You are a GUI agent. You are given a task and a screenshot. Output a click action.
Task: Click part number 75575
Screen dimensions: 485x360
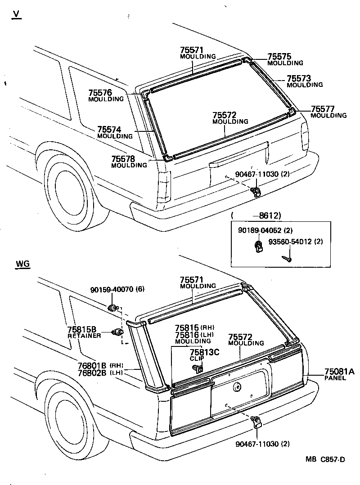pos(279,57)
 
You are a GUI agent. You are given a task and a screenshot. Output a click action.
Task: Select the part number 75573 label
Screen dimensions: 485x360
pos(299,78)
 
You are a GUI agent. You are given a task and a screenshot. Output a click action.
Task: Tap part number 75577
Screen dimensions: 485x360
pos(323,109)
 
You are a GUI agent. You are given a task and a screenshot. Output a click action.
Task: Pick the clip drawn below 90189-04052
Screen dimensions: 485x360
pos(258,247)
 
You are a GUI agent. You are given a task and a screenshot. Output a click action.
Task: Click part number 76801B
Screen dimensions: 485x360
pos(91,365)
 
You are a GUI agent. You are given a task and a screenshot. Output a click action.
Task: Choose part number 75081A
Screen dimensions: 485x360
pos(339,372)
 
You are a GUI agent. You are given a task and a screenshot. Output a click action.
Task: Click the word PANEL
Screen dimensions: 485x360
pos(335,378)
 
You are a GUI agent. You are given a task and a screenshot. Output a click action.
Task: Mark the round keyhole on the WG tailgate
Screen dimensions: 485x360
pos(236,386)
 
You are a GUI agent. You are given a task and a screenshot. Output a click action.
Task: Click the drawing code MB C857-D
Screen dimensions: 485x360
pos(325,459)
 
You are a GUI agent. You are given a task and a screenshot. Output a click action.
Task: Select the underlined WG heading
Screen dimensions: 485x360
pos(22,264)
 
